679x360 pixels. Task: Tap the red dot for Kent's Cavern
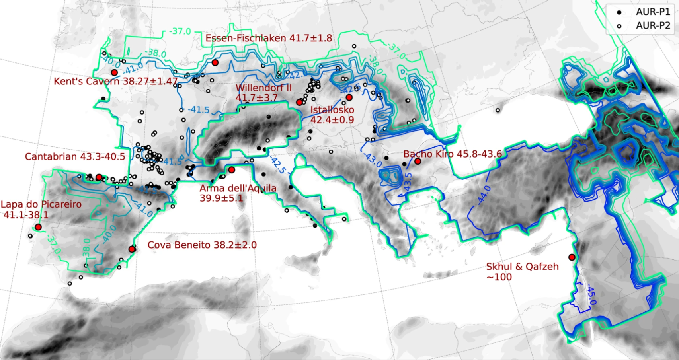coord(114,72)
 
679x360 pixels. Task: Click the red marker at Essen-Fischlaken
coord(215,62)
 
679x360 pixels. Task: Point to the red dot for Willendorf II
coord(299,102)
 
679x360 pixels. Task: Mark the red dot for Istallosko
coord(349,97)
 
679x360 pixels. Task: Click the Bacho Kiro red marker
coord(418,162)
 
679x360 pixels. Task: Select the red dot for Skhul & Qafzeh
coord(572,257)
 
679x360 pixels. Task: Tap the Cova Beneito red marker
coord(132,249)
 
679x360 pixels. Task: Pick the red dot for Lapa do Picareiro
coord(38,227)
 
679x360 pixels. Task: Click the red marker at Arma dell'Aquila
coord(232,170)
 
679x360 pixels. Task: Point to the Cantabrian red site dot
coord(99,177)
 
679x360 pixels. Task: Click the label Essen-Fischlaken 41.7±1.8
coord(269,38)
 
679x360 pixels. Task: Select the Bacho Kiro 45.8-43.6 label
coord(453,154)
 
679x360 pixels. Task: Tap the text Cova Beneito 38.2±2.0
coord(202,245)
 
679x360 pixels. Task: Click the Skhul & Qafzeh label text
coord(522,271)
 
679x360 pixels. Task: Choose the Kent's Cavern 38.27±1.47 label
coord(115,82)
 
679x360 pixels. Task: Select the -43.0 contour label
coord(373,159)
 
